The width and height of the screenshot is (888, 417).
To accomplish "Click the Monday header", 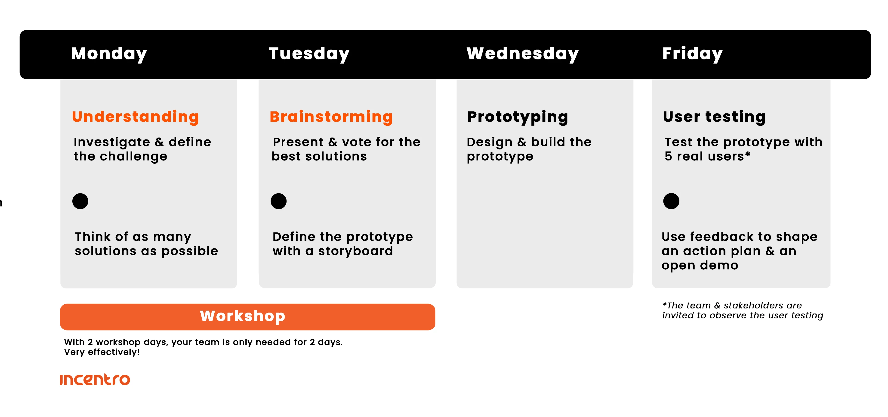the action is coord(109,54).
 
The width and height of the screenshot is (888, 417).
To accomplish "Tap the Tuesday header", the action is coord(309,54).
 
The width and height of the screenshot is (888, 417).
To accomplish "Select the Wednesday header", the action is coord(523,54).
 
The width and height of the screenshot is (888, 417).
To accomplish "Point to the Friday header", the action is coord(692,54).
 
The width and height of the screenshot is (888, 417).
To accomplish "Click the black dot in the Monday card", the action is coord(80,201).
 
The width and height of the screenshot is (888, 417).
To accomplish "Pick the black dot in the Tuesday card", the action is coord(278,201).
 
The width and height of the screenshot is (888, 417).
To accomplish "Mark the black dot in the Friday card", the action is coord(671,201).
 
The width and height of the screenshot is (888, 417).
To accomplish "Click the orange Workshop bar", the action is coord(247,317).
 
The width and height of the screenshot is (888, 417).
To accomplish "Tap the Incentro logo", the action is coord(95,380).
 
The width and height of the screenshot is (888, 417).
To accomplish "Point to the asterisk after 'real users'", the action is coord(747,154).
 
